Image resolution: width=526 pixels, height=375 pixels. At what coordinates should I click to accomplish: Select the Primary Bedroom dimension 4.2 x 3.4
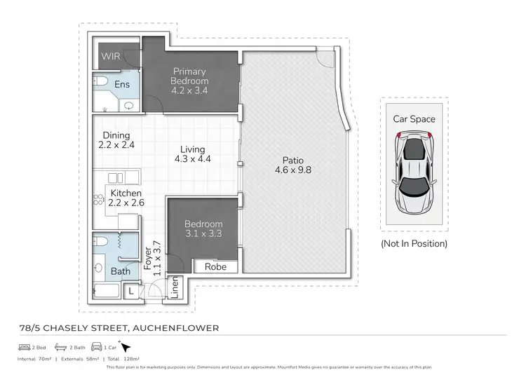[x=190, y=90]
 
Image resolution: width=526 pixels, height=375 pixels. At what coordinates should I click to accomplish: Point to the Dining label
[x=116, y=135]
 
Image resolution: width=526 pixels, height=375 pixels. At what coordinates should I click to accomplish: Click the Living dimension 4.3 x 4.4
[x=192, y=159]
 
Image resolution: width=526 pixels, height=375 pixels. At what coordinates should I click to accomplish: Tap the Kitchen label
[x=126, y=193]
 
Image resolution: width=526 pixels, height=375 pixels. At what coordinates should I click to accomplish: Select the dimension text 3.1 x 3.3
[x=203, y=233]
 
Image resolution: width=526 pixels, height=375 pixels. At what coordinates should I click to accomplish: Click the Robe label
[x=215, y=267]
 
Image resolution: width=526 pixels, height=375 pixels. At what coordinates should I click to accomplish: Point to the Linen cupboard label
[x=175, y=287]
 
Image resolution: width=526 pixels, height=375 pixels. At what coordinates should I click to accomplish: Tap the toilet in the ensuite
[x=102, y=83]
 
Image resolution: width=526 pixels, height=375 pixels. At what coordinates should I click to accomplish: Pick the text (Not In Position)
[x=414, y=244]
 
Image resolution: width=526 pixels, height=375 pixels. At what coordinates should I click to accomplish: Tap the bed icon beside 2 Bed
[x=23, y=347]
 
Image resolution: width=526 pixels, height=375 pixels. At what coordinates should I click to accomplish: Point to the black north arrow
[x=126, y=346]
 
